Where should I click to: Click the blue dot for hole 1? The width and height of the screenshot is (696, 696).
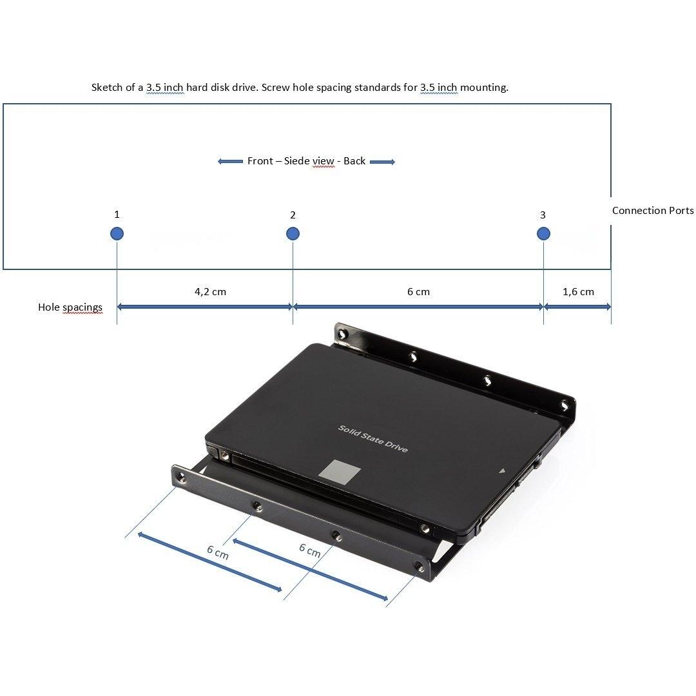[117, 233]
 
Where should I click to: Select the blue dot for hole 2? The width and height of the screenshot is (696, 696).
[293, 233]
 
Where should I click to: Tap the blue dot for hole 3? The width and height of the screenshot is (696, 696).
[543, 233]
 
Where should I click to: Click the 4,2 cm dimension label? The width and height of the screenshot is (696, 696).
[210, 292]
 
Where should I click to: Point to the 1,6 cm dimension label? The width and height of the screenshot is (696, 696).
[578, 292]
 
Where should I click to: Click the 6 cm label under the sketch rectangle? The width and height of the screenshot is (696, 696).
[419, 292]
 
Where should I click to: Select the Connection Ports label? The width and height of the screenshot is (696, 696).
[652, 210]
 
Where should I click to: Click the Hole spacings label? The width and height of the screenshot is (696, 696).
[70, 307]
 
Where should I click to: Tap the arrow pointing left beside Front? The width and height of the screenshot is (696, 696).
[230, 162]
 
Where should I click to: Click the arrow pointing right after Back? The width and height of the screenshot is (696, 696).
[382, 162]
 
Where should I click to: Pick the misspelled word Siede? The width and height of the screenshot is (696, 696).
[296, 160]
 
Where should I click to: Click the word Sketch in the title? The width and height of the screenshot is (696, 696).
[106, 88]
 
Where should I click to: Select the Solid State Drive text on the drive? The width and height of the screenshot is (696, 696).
[373, 439]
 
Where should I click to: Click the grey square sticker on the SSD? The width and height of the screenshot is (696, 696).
[340, 471]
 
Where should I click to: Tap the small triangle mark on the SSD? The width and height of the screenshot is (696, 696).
[502, 470]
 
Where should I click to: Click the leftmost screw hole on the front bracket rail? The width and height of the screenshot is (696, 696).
[180, 477]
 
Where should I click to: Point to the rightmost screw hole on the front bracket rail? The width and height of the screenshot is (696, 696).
[418, 566]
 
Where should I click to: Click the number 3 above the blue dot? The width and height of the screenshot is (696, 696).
[543, 215]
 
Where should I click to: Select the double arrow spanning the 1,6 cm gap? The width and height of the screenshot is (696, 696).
[577, 306]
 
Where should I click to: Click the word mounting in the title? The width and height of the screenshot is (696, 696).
[484, 88]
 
